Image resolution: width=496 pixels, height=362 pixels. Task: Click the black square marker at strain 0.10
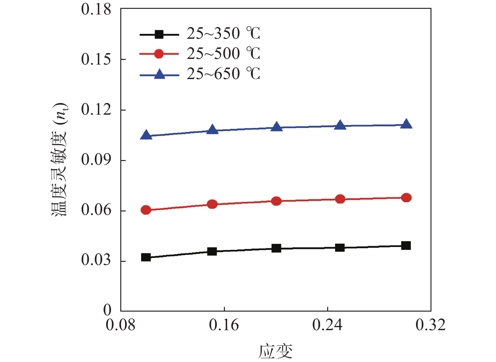click(x=146, y=257)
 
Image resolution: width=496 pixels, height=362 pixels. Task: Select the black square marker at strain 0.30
click(x=406, y=245)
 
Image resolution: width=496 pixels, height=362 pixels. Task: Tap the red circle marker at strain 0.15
click(x=212, y=204)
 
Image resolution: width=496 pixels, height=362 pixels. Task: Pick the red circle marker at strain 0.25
click(x=340, y=199)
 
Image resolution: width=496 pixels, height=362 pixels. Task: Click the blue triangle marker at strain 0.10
click(x=146, y=135)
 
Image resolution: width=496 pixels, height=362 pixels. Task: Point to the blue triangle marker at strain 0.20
click(x=277, y=127)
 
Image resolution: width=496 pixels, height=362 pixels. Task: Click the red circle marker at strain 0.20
click(x=276, y=201)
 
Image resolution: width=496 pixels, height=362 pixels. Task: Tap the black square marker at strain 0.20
click(x=276, y=248)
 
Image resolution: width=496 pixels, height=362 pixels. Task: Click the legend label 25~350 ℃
click(x=223, y=33)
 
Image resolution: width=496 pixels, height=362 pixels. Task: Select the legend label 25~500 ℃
click(x=223, y=54)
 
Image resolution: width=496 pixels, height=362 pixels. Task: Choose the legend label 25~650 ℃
click(x=223, y=74)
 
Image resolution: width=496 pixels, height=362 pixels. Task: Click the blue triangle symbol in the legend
click(x=159, y=75)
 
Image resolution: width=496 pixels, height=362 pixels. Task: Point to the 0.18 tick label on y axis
click(x=96, y=9)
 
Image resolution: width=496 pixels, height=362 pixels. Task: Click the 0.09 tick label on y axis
click(x=96, y=160)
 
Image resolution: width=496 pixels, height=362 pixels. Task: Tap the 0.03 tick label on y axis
click(x=96, y=260)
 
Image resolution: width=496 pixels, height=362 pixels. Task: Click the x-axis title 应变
click(x=276, y=352)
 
